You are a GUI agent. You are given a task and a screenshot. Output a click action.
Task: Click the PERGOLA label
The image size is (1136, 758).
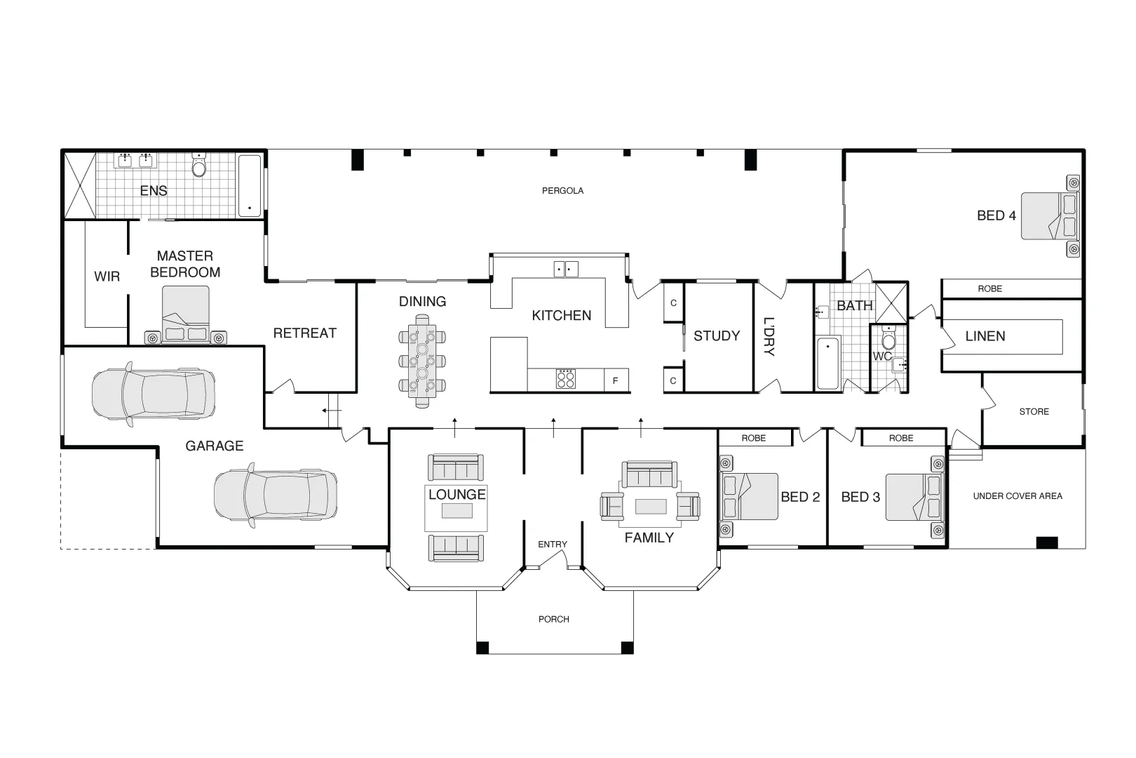[562, 191]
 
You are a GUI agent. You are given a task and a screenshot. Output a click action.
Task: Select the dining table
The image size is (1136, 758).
[422, 361]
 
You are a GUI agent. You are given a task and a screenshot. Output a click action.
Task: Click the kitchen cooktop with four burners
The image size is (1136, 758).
[565, 379]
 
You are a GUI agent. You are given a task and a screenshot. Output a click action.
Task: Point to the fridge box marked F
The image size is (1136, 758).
[616, 380]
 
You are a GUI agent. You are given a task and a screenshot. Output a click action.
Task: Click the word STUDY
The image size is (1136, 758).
[717, 336]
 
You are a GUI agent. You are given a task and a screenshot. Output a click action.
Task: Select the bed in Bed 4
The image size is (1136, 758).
[1050, 215]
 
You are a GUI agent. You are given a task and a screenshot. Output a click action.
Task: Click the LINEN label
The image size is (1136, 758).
[985, 336]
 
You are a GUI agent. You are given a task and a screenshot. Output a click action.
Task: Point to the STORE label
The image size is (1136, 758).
[1034, 412]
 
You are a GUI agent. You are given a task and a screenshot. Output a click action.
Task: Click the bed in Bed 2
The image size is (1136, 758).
[748, 496]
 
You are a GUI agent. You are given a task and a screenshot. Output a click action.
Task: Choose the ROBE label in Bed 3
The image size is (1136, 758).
[900, 438]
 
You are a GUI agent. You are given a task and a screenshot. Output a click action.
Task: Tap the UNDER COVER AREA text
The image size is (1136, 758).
[1017, 496]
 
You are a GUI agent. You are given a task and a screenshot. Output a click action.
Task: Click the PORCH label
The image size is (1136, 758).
[554, 620]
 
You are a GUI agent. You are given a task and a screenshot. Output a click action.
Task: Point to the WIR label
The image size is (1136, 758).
[107, 277]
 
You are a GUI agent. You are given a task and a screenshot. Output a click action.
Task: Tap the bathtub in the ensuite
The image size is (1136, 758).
[250, 186]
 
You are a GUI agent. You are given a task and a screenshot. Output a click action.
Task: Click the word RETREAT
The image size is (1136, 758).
[305, 333]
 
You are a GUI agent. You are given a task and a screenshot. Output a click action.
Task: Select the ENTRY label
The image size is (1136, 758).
[553, 544]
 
